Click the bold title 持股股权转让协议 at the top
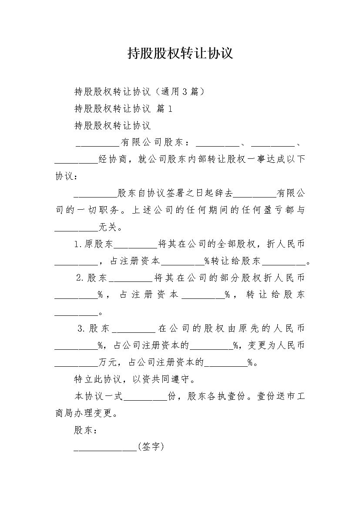pos(180,53)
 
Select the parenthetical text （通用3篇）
pos(179,91)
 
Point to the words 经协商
pos(112,159)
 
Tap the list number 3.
pos(81,328)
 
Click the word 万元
pos(108,362)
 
